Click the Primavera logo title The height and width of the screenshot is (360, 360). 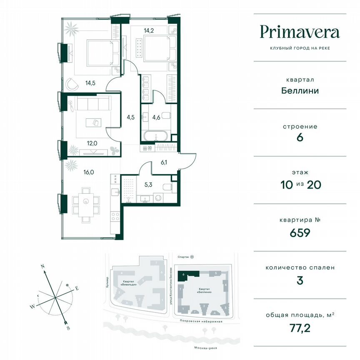tap(300, 32)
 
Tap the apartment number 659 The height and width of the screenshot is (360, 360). tap(300, 232)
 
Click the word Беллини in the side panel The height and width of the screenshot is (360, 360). tap(300, 90)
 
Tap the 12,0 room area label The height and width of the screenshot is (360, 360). tap(92, 143)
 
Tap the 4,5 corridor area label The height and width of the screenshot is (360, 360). tap(130, 117)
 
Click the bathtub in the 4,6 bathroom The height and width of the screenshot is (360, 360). tap(155, 135)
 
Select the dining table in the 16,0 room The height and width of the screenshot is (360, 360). tap(87, 202)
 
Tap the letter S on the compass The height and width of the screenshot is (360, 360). tap(68, 328)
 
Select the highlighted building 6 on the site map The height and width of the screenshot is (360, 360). tap(187, 274)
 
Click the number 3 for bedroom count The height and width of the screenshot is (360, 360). tap(300, 280)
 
